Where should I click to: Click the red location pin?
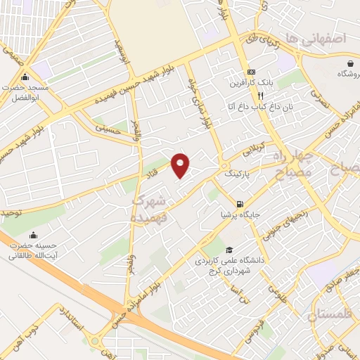[181, 165]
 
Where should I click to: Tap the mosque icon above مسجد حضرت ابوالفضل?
[25, 77]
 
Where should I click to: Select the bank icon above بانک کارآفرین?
[250, 73]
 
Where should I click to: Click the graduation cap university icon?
[229, 250]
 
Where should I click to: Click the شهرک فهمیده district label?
[150, 209]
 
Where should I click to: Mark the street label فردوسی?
[250, 331]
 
